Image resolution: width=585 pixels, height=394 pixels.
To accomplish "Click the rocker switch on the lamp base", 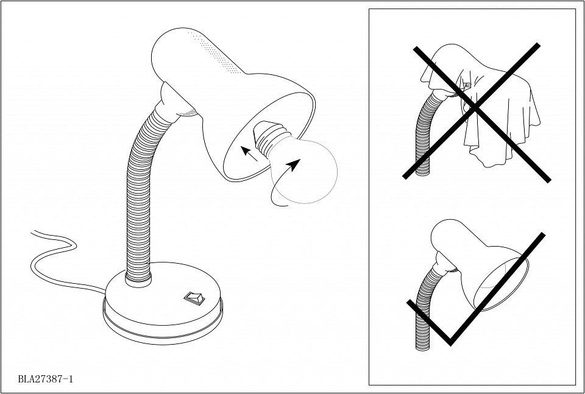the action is tap(194, 298).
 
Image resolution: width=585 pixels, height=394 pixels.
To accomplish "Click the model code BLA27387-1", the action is tap(46, 379).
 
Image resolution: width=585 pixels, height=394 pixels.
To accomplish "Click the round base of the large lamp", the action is tap(163, 304).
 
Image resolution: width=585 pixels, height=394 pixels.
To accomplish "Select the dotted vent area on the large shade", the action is tap(214, 52).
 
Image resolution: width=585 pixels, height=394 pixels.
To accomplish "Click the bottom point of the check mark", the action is tap(451, 343).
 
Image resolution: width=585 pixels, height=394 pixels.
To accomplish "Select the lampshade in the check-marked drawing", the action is tap(481, 265).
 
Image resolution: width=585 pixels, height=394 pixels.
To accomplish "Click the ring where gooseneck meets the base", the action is tap(138, 280).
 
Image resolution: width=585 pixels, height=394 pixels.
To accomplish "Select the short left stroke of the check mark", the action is tap(429, 322).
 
